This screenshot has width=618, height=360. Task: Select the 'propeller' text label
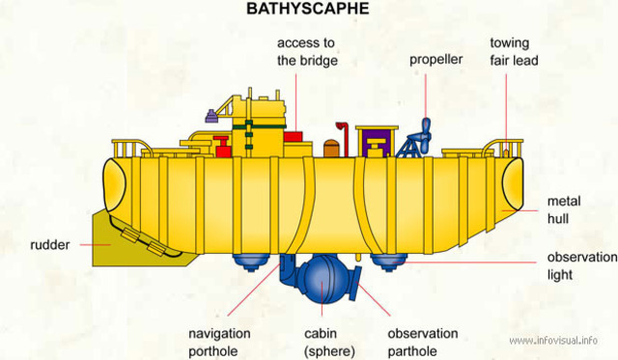click(x=435, y=60)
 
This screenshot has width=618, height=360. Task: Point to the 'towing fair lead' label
click(x=514, y=51)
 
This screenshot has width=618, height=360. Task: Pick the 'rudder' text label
click(x=49, y=245)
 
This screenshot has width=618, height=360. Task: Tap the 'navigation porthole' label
click(x=219, y=342)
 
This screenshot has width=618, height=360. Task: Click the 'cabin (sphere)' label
click(x=329, y=342)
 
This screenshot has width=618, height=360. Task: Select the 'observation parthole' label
click(x=422, y=342)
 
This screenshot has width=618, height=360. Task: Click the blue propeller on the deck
click(x=423, y=134)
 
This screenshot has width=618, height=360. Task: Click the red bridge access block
click(x=293, y=139)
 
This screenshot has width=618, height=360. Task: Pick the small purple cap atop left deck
click(x=206, y=119)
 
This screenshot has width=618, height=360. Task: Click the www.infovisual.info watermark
click(x=553, y=341)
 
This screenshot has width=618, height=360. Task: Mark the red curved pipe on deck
click(x=342, y=134)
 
